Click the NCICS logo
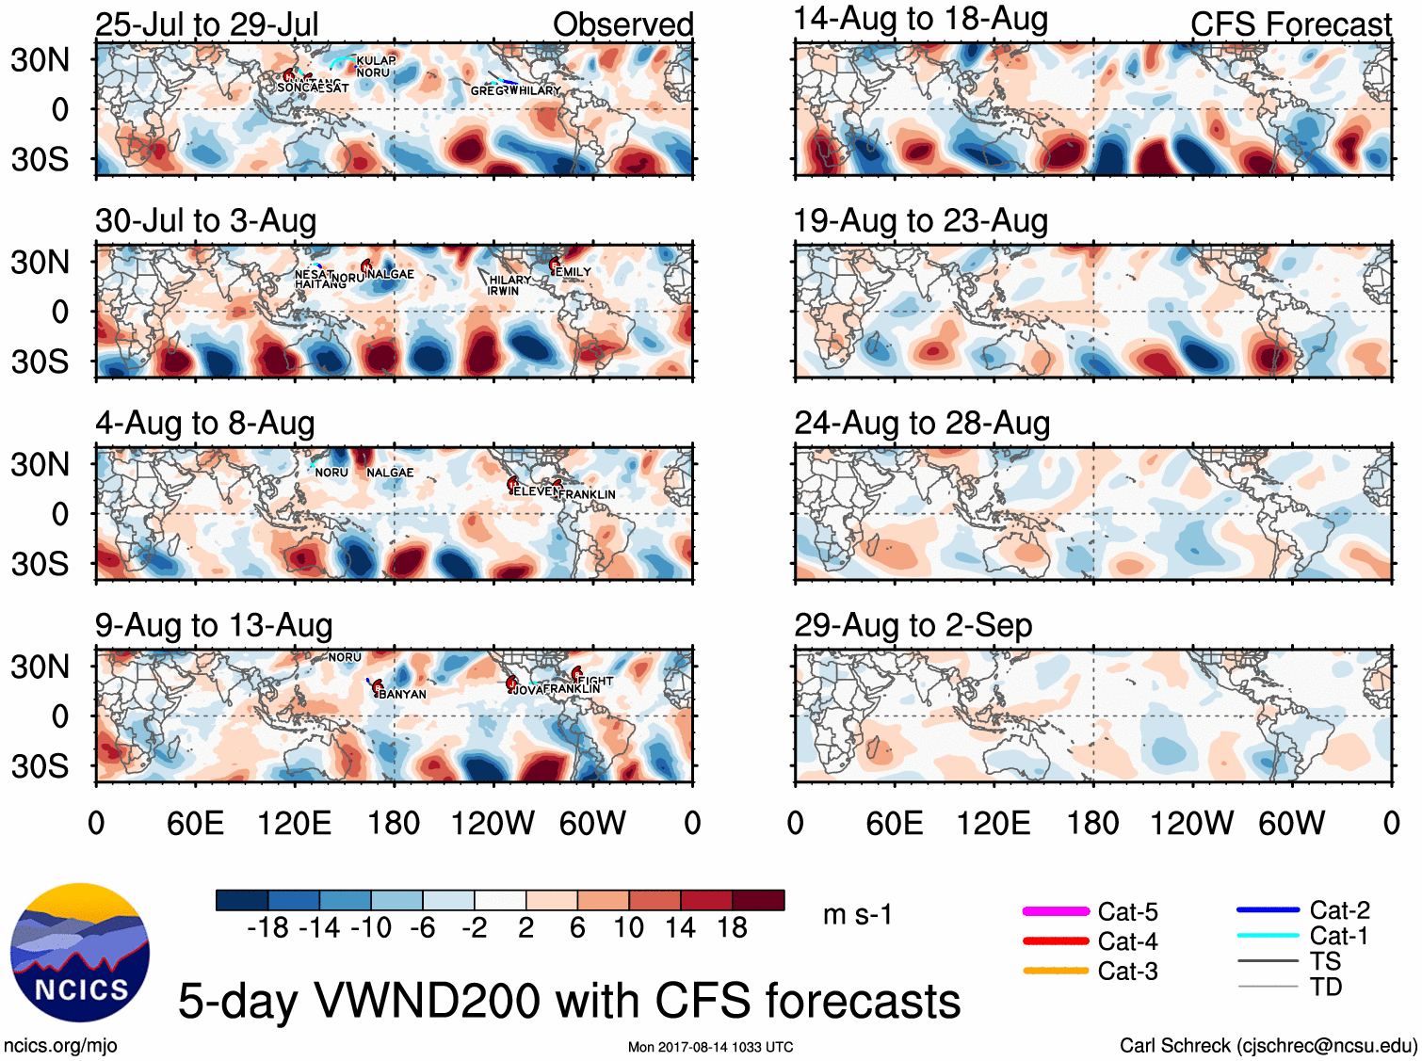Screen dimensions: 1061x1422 point(79,953)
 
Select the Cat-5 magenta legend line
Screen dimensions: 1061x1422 point(1056,911)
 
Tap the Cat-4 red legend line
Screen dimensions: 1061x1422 point(1056,940)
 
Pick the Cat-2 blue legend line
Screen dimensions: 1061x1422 point(1268,910)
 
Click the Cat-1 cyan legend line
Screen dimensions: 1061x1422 point(1268,936)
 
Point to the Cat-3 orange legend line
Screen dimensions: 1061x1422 point(1056,971)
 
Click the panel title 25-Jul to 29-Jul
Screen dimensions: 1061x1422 point(207,24)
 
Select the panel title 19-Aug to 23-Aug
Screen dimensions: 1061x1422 point(920,221)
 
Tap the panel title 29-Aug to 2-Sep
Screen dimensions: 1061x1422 point(913,625)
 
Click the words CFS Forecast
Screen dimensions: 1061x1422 point(1290,24)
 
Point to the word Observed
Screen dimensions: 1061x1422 point(622,24)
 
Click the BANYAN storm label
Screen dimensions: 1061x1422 point(402,695)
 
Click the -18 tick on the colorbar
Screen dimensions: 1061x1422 point(268,928)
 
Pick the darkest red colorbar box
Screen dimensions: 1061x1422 point(758,900)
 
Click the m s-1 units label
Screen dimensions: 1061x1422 point(857,915)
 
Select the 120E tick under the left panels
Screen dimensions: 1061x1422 point(294,824)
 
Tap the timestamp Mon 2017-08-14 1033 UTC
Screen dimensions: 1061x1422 point(710,1047)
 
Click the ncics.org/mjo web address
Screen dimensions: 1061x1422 point(60,1045)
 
